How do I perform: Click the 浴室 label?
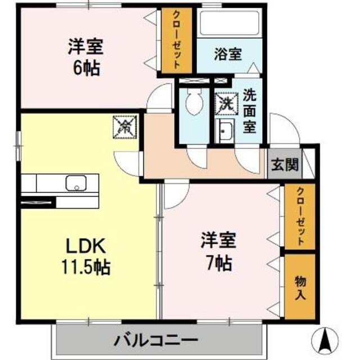(228, 55)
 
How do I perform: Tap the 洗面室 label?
(250, 110)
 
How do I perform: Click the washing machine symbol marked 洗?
(226, 103)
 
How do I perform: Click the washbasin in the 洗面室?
(225, 133)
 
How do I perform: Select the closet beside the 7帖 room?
(299, 217)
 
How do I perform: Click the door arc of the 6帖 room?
(159, 97)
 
